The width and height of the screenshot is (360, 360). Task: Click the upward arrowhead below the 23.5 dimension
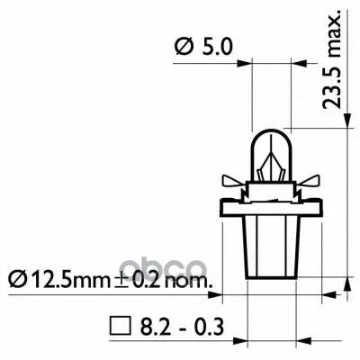[x=347, y=293]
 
